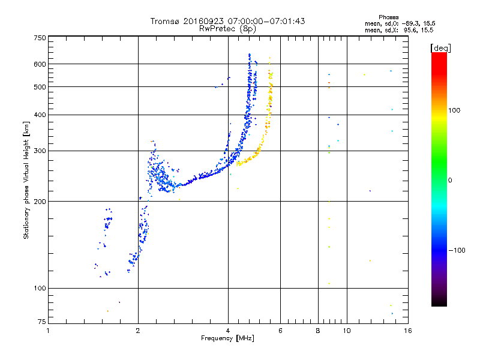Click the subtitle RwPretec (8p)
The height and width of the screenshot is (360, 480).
click(227, 28)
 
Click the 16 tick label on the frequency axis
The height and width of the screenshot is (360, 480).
click(407, 330)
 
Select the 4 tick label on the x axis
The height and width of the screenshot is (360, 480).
click(228, 330)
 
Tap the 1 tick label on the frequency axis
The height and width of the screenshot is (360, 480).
click(49, 330)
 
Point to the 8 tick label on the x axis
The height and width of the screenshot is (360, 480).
click(318, 330)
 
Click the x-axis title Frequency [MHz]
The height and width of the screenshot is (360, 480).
click(227, 339)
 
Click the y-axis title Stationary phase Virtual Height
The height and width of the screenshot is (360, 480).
click(26, 180)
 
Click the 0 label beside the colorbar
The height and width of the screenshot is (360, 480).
click(451, 180)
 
